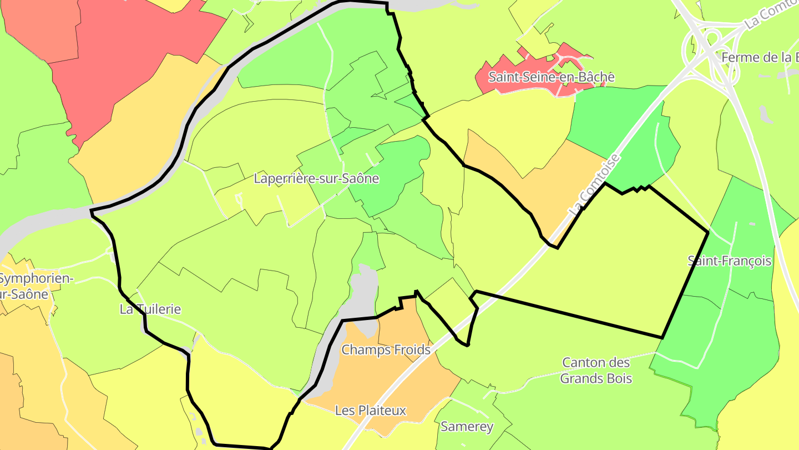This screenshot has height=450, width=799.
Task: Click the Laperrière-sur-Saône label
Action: tap(316, 179)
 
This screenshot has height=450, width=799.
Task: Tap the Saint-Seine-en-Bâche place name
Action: tap(551, 77)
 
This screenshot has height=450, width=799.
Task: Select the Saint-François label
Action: tap(729, 261)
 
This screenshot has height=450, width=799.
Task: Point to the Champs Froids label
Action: tap(386, 350)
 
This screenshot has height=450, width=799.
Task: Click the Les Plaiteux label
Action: tap(371, 411)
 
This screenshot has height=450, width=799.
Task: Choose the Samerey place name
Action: tap(467, 427)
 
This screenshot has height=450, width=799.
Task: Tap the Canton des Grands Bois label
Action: tap(596, 371)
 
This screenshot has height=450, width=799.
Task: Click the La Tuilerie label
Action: tap(150, 309)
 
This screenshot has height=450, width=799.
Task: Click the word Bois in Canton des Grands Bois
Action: tap(617, 379)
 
